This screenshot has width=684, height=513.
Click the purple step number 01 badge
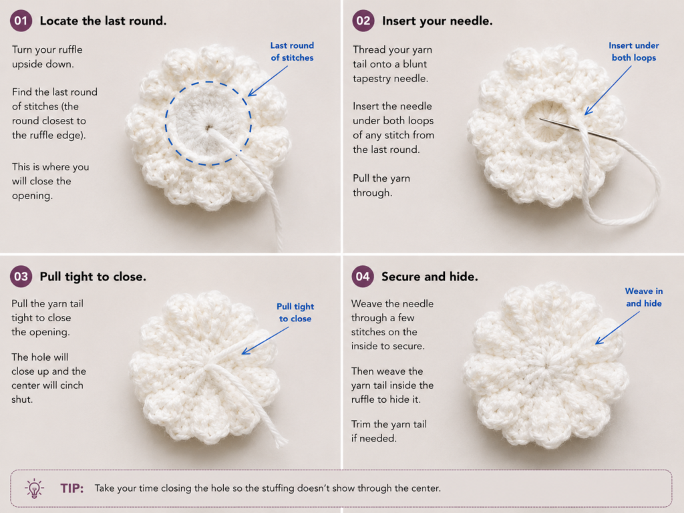[21, 21]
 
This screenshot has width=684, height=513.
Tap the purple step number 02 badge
[363, 21]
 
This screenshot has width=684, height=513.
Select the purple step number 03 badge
[21, 276]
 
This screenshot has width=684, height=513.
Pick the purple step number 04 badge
[363, 276]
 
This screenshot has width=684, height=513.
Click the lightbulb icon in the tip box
[34, 488]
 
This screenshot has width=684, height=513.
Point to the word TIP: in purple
[72, 488]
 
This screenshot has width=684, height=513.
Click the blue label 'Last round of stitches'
[292, 51]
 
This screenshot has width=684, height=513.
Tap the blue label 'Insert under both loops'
[634, 51]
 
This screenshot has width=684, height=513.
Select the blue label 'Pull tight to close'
[295, 313]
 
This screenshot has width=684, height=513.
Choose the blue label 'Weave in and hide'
[644, 297]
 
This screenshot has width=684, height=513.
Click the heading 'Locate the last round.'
[103, 21]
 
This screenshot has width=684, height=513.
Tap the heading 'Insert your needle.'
[437, 21]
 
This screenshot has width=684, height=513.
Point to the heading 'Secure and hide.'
[430, 277]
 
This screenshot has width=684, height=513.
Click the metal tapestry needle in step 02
[578, 130]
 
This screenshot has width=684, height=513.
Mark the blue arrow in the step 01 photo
[268, 81]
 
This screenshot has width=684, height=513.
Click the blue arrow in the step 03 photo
[265, 341]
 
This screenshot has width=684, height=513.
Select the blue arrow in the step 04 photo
[617, 328]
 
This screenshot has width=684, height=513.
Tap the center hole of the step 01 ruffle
[209, 128]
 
